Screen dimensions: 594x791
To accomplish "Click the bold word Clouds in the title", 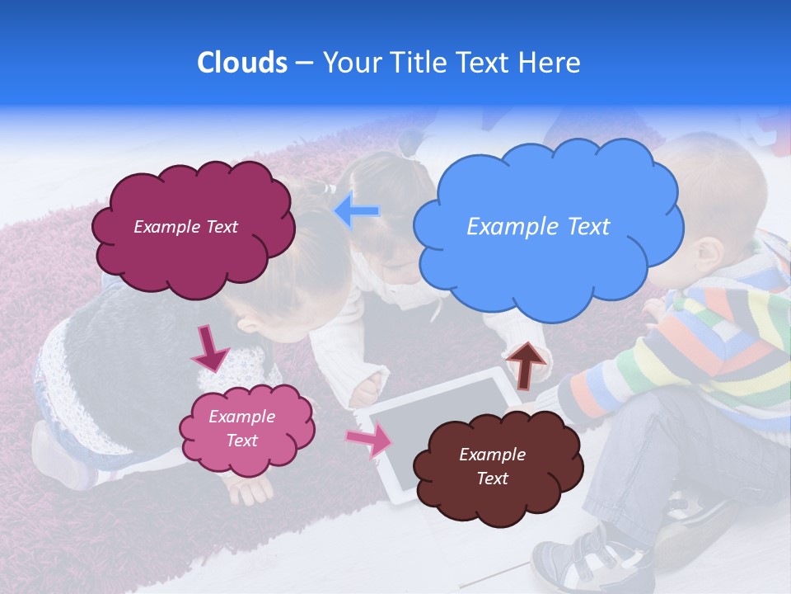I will [x=242, y=63].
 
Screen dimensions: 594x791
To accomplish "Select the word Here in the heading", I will [x=550, y=63].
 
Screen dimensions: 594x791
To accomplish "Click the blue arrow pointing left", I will [x=358, y=211].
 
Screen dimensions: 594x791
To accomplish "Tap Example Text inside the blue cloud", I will [x=538, y=227].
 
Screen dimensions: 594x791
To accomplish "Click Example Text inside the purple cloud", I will [x=185, y=227].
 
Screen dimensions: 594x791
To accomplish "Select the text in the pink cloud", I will [x=242, y=428].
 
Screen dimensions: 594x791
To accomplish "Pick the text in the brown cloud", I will [x=492, y=466].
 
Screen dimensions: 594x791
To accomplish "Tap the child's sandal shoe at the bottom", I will [x=577, y=561].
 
